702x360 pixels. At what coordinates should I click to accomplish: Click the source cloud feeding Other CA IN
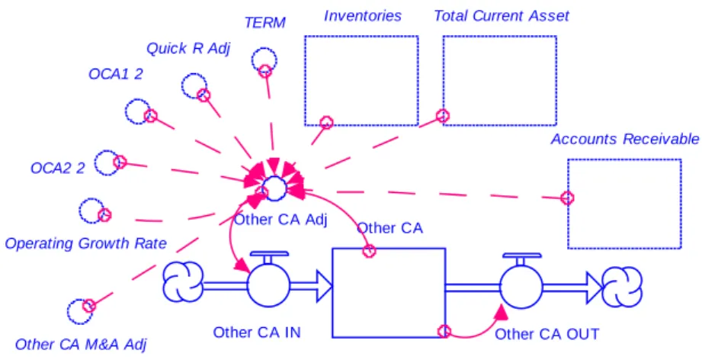(x=183, y=282)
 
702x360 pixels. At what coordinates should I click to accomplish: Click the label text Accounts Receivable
(x=624, y=140)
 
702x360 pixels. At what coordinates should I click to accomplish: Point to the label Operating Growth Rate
(x=85, y=243)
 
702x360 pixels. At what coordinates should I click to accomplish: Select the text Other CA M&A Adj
(x=81, y=345)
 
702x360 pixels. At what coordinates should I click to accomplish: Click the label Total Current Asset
(x=502, y=16)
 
